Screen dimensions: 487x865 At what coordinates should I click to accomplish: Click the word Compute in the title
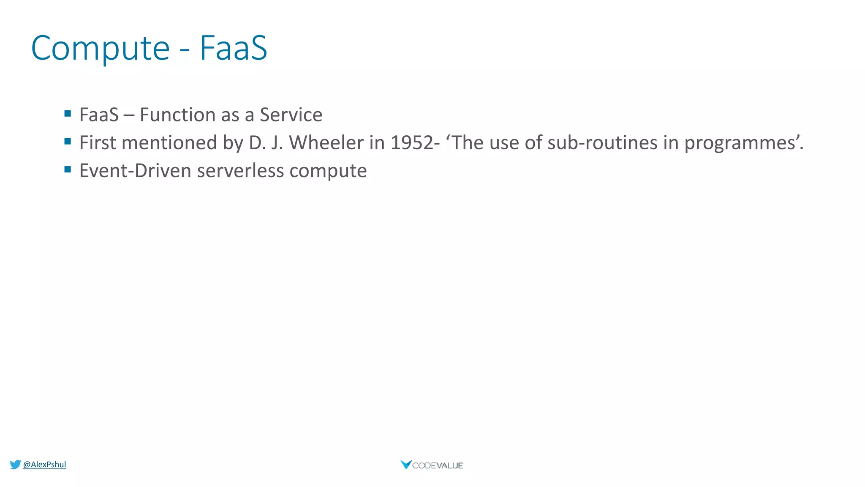pos(100,49)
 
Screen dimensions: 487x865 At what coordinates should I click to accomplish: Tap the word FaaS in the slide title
pos(233,48)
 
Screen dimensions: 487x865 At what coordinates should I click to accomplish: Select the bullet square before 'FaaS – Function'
pos(68,113)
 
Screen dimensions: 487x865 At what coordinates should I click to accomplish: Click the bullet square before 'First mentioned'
pos(68,142)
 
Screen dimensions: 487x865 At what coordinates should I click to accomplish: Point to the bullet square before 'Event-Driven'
pos(68,170)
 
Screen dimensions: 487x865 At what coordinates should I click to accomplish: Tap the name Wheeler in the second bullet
pos(326,143)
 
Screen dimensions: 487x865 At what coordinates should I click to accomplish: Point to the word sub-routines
pos(602,143)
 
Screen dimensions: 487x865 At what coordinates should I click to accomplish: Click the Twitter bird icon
pos(15,465)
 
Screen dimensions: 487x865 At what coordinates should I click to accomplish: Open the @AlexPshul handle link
pos(44,465)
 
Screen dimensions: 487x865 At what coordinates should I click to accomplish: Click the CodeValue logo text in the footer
pos(438,465)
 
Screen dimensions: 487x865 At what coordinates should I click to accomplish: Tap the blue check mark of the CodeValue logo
pos(406,465)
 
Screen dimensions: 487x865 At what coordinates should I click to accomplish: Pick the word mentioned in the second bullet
pos(169,143)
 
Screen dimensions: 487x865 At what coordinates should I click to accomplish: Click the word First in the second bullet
pos(97,143)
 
